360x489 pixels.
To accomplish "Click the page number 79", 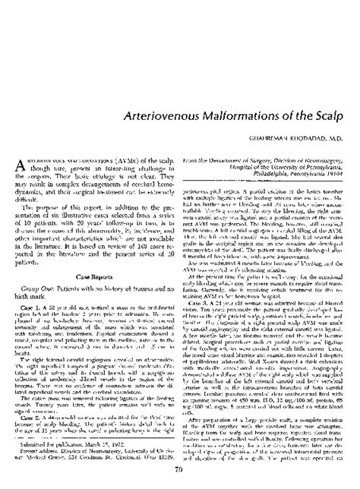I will [x=180, y=473].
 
